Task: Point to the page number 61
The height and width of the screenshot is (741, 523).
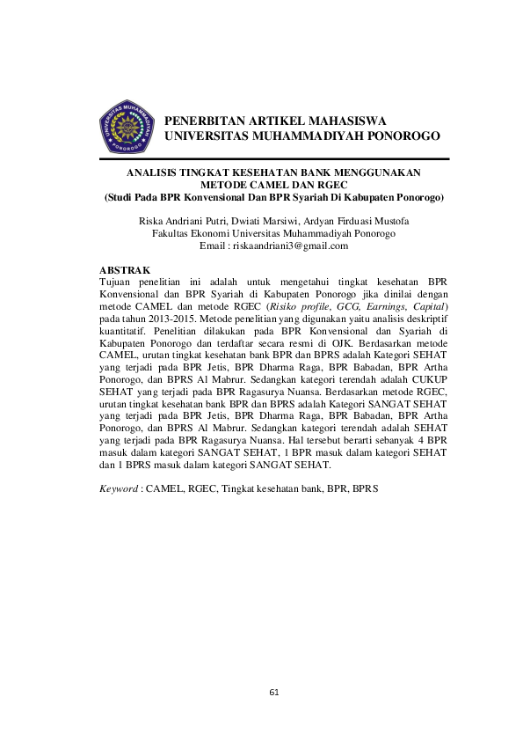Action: click(274, 693)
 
